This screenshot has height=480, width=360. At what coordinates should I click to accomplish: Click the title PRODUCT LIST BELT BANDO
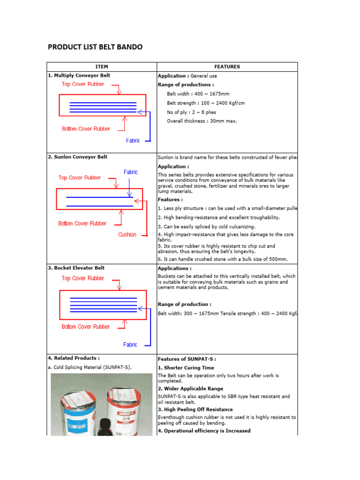pos(95,47)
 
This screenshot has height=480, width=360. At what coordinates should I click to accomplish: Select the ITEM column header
pos(101,67)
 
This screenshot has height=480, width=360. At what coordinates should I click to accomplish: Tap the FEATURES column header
pos(227,67)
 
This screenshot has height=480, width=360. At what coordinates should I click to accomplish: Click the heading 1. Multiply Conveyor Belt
pos(79,75)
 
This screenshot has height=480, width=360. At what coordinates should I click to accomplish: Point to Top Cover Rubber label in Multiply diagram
pos(83,84)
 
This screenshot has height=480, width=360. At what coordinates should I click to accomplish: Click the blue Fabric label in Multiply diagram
pos(133,141)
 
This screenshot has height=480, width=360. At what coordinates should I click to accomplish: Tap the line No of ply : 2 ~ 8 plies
pos(192,112)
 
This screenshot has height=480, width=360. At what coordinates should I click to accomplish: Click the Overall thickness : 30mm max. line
pos(202,121)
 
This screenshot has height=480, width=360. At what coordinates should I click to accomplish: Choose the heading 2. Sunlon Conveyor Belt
pos(77,157)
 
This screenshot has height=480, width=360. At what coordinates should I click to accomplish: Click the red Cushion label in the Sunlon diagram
pos(127,235)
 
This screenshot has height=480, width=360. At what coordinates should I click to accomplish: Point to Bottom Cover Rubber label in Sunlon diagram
pos(82,224)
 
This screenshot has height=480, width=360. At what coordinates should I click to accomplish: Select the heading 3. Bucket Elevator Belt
pos(76,268)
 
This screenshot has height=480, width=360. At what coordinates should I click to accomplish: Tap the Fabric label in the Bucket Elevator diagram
pos(130,345)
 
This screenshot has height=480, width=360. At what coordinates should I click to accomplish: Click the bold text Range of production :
pos(184,304)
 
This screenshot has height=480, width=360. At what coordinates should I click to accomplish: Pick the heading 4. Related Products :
pos(73,358)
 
